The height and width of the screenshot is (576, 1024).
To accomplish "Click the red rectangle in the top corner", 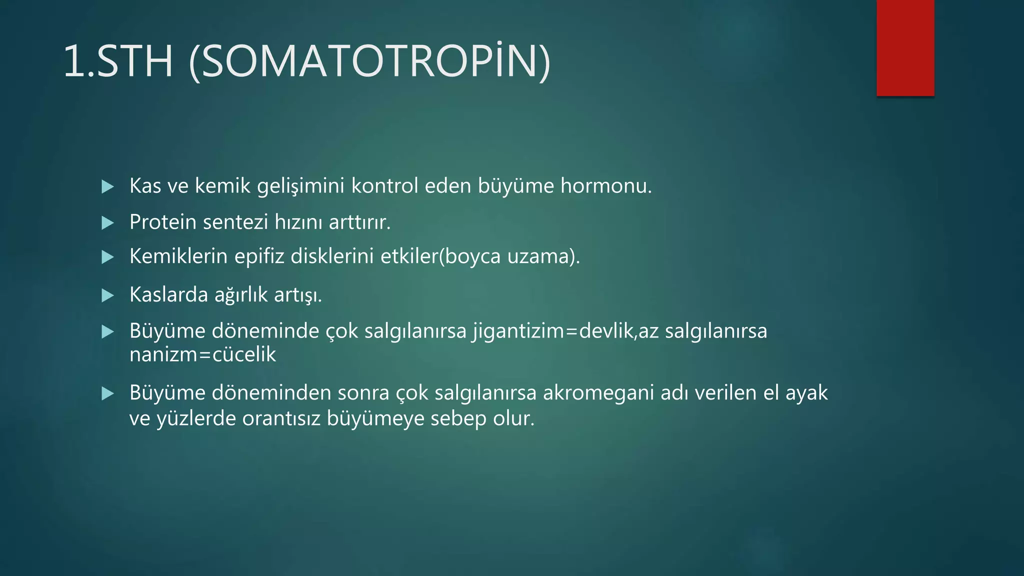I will (905, 48).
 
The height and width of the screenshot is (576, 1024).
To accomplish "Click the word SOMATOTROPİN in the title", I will (370, 61).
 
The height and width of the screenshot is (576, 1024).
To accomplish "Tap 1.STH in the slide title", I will (118, 61).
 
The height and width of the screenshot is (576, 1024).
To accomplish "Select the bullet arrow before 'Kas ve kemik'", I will (107, 187).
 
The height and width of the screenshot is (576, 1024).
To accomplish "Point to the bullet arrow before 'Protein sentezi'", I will (107, 223).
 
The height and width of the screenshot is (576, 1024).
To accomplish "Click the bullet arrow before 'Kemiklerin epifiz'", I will (107, 257).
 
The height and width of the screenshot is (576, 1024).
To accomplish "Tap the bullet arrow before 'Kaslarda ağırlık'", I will (107, 295).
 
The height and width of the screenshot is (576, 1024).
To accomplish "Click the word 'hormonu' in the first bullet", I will (605, 186).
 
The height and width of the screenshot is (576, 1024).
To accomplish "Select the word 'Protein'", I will (163, 222).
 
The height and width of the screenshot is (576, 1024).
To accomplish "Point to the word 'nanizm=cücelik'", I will (202, 354).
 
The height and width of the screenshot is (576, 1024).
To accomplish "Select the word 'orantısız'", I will (281, 418).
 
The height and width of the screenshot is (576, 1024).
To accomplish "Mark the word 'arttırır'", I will (359, 222).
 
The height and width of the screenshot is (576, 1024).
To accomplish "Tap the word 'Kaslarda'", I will (168, 295).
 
